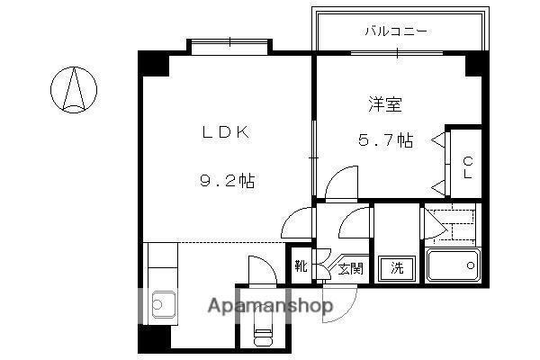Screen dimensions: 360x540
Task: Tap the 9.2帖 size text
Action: click(226, 180)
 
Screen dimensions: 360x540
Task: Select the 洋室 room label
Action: click(384, 103)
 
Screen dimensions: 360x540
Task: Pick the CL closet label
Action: click(467, 167)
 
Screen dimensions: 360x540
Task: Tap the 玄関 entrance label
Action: click(351, 267)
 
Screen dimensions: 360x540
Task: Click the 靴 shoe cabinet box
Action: click(301, 266)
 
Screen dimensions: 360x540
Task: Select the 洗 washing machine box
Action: click(395, 267)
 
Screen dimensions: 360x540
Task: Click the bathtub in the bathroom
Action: click(452, 266)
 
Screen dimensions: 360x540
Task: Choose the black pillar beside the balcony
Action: click(475, 62)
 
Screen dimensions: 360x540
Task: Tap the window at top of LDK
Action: click(229, 42)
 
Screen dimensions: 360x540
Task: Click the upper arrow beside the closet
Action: click(438, 140)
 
